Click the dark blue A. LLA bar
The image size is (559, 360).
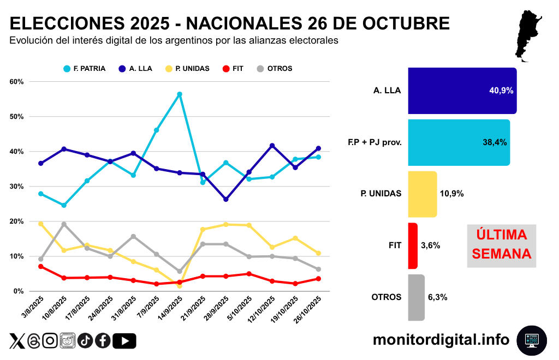(462, 91)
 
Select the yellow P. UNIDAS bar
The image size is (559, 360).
(423, 194)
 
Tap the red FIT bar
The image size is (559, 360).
(413, 245)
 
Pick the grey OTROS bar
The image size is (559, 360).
(416, 297)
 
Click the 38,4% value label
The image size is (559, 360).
(495, 142)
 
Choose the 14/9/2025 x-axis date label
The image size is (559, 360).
(170, 309)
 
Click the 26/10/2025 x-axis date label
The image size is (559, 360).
(310, 309)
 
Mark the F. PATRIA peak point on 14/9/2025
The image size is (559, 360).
(179, 94)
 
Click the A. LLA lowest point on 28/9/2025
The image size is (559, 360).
(226, 200)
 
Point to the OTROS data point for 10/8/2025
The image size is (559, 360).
(64, 224)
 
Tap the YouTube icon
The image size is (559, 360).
(124, 341)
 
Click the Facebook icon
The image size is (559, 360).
(103, 341)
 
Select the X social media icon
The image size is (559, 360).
(17, 341)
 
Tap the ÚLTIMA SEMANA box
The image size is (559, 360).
(502, 244)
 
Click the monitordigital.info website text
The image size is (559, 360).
(441, 339)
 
